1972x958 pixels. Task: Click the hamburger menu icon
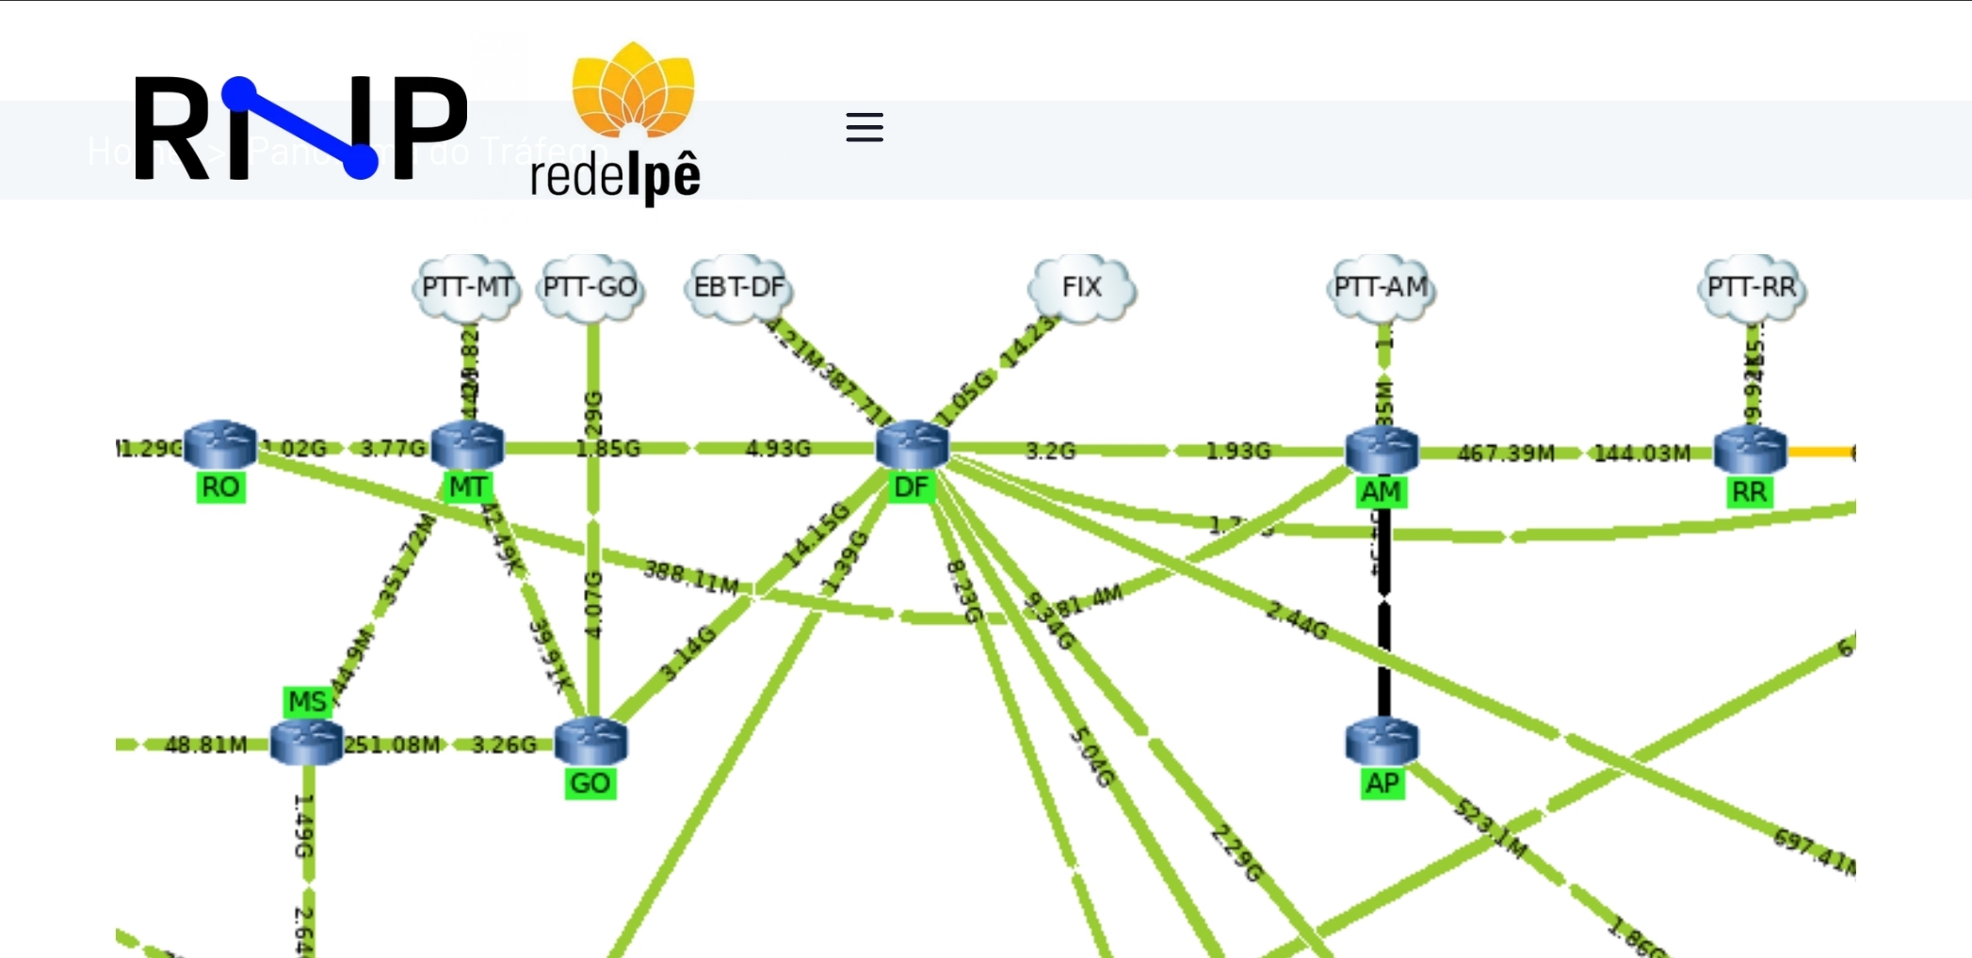[864, 127]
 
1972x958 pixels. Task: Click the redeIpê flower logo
[633, 91]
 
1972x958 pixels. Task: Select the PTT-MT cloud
[467, 287]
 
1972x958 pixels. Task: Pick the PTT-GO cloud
[590, 287]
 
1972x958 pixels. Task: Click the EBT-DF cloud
[738, 287]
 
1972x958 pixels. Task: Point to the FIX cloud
[1081, 287]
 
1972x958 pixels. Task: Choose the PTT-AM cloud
[1381, 287]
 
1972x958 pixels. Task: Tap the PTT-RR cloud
[1752, 287]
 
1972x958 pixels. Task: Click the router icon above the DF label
[912, 445]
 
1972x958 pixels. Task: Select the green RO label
[220, 487]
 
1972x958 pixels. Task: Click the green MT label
[467, 487]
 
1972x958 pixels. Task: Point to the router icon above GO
[590, 742]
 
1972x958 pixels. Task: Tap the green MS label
[307, 702]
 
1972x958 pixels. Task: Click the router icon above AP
[1382, 742]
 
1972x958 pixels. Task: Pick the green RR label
[1750, 492]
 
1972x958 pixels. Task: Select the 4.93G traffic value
[778, 449]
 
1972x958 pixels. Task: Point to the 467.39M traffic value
[1506, 454]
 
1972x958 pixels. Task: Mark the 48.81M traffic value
[205, 745]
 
